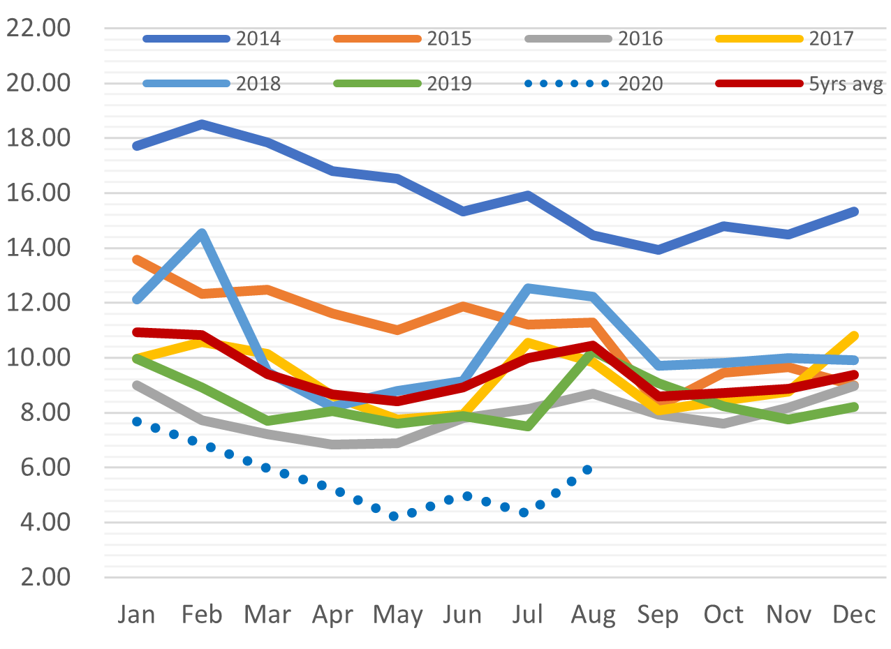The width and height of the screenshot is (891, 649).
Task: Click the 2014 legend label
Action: [x=258, y=38]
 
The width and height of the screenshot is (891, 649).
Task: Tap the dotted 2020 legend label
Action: [x=640, y=84]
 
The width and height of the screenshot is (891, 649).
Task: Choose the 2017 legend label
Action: [x=832, y=38]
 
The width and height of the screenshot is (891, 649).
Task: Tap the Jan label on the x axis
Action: [x=137, y=614]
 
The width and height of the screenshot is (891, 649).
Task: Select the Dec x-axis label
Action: [x=854, y=614]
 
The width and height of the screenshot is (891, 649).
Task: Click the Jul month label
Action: [x=528, y=614]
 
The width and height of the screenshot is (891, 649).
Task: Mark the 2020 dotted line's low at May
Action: [x=394, y=516]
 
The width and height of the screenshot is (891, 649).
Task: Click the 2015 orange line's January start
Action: [x=137, y=260]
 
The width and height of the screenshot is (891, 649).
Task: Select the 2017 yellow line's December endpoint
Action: [x=854, y=336]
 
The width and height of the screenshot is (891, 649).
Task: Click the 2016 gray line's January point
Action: [x=137, y=385]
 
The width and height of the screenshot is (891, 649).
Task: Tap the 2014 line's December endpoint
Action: [x=854, y=211]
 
